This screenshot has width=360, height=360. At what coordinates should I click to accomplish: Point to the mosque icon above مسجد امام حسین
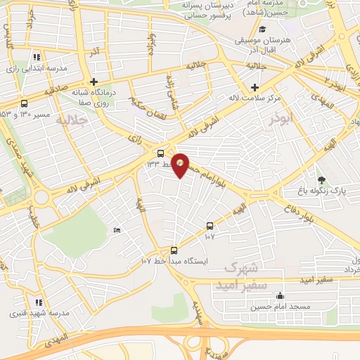(281, 295)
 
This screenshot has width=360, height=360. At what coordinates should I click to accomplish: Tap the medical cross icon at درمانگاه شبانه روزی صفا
(94, 82)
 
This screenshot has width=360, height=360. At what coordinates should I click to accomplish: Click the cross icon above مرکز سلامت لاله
(255, 86)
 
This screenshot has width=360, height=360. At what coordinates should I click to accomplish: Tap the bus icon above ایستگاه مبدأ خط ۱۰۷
(174, 250)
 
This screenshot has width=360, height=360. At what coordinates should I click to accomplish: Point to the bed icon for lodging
(117, 230)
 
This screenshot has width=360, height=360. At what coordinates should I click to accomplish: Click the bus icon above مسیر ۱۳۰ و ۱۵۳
(25, 103)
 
